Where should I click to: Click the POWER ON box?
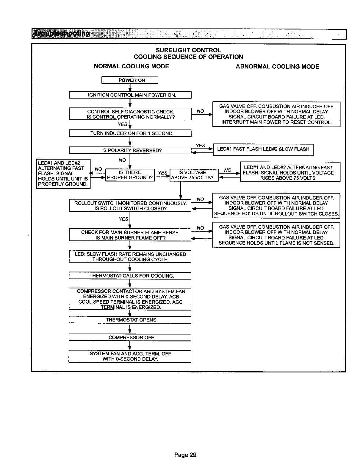tap(130, 80)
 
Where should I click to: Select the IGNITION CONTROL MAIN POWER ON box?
tap(130, 95)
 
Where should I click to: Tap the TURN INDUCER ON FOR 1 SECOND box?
tap(130, 133)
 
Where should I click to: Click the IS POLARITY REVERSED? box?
tap(130, 150)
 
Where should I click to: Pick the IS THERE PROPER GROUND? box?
tap(130, 175)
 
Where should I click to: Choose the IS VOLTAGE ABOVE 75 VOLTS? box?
tap(194, 175)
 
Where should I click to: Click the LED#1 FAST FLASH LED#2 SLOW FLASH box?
tap(263, 149)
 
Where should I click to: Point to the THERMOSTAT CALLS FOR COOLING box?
tap(130, 276)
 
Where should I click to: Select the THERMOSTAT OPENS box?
tap(130, 320)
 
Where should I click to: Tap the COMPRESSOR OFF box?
tap(130, 338)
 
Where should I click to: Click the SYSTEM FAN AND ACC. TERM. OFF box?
tap(130, 356)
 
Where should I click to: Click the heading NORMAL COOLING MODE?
tap(131, 66)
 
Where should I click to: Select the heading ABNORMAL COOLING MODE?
tap(277, 67)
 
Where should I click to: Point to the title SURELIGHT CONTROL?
tap(188, 50)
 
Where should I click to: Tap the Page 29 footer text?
tap(185, 455)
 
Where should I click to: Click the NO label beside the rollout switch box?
tap(201, 199)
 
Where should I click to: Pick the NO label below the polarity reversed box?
tap(122, 160)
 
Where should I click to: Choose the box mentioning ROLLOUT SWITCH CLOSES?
tap(276, 206)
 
